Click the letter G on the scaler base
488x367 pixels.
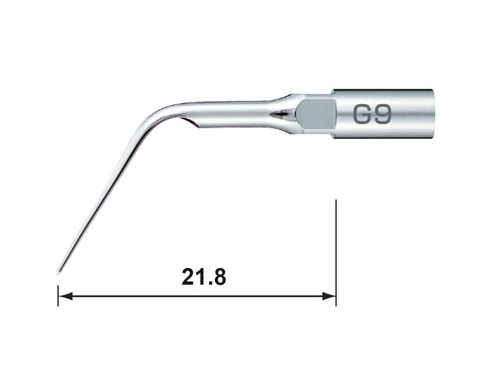tap(363, 114)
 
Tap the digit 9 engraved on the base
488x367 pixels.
tap(383, 114)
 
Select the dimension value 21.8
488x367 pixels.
tap(204, 277)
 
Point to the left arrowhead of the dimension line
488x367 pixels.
tap(66, 296)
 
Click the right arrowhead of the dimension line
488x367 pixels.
tap(329, 296)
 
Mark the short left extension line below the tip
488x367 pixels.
tap(58, 295)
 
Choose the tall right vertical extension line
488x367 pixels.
tap(336, 253)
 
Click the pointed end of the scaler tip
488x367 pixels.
tap(58, 274)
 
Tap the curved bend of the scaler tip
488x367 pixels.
tap(159, 114)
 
